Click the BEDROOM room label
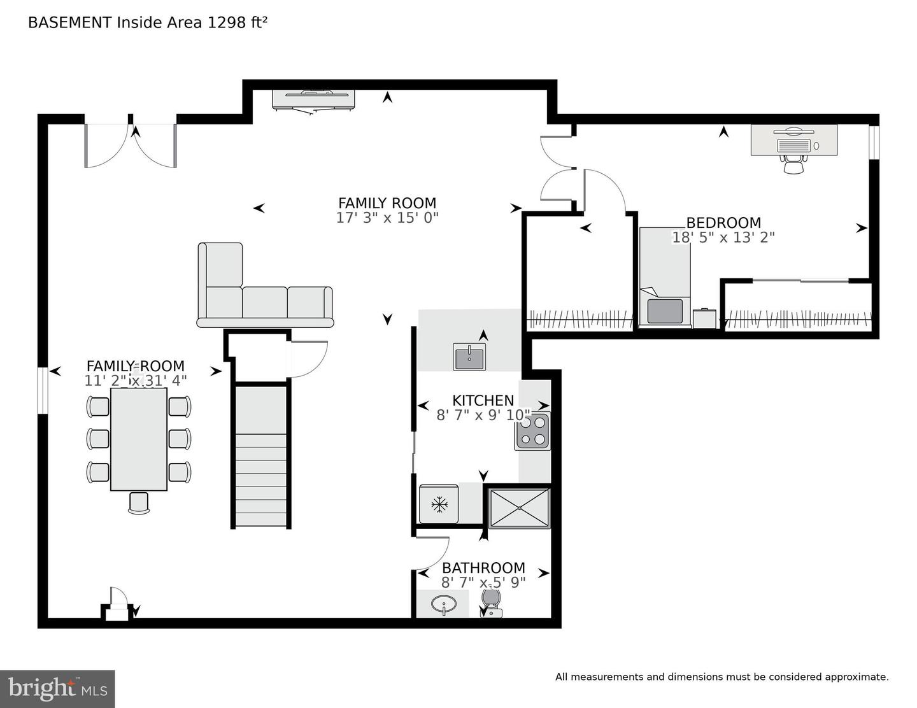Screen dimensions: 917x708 pyautogui.click(x=723, y=222)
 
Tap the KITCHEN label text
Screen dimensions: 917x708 pyautogui.click(x=483, y=400)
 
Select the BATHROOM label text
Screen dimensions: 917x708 pyautogui.click(x=483, y=567)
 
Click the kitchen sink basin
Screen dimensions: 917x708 pyautogui.click(x=469, y=357)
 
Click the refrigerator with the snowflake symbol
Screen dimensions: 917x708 pyautogui.click(x=439, y=504)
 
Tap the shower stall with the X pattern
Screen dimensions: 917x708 pyautogui.click(x=519, y=508)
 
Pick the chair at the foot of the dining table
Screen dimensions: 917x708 pyautogui.click(x=139, y=502)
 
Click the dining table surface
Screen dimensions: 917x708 pyautogui.click(x=139, y=439)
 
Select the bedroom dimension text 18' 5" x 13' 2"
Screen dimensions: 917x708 pyautogui.click(x=723, y=237)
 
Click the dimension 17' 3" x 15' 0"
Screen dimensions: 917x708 pyautogui.click(x=387, y=218)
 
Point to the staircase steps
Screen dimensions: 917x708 pyautogui.click(x=261, y=456)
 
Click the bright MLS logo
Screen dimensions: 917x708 pyautogui.click(x=57, y=689)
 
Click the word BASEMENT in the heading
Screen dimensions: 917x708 pyautogui.click(x=70, y=22)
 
